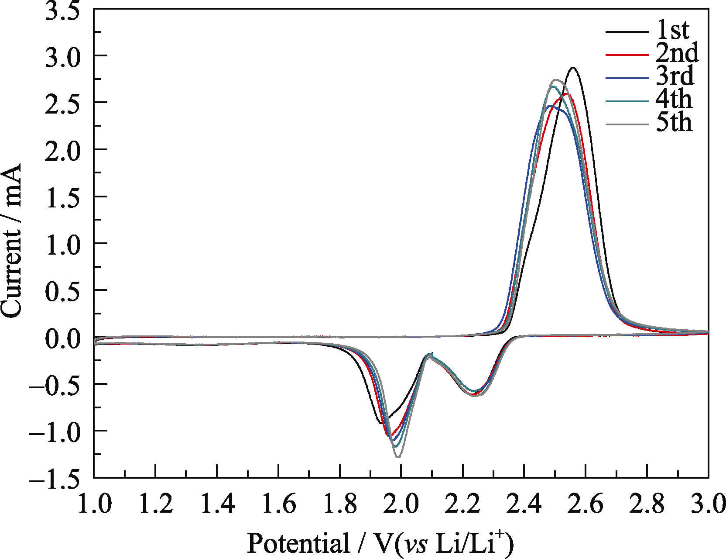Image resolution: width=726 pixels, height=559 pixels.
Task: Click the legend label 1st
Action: click(x=673, y=30)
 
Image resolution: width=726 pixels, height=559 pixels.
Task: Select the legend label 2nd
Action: click(x=677, y=53)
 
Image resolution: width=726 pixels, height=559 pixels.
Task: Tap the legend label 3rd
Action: click(x=675, y=76)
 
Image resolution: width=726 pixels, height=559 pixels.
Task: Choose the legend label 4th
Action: click(x=674, y=100)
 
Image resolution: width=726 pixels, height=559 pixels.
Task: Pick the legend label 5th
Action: click(x=674, y=123)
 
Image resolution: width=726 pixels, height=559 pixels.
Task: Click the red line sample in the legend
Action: click(x=627, y=55)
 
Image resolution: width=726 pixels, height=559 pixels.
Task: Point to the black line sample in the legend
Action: click(x=627, y=31)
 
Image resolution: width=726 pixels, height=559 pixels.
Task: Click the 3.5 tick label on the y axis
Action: click(x=63, y=10)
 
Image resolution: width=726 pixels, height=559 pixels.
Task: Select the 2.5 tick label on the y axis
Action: click(x=63, y=103)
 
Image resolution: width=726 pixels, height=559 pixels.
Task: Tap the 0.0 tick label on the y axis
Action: click(x=63, y=338)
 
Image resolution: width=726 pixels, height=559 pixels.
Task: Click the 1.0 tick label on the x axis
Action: click(x=94, y=504)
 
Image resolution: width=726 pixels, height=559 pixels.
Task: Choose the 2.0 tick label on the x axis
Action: click(x=401, y=504)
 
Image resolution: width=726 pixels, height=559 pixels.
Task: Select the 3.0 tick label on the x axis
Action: click(x=708, y=504)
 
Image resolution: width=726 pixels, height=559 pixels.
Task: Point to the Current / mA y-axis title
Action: click(x=11, y=241)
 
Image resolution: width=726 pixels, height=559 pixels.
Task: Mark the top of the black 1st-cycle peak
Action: click(x=573, y=68)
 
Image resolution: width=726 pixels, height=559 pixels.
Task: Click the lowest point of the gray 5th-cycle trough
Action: click(x=398, y=456)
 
